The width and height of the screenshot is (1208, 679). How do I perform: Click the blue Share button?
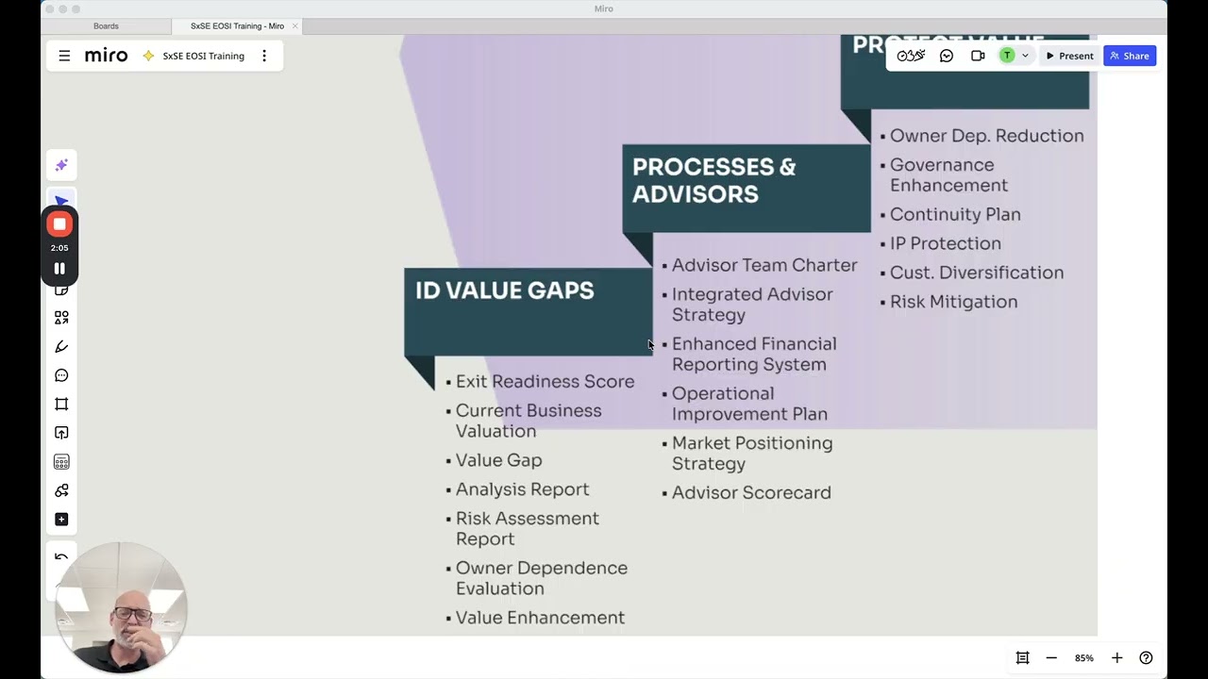[1129, 56]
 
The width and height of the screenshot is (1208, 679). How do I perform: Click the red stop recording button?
[59, 224]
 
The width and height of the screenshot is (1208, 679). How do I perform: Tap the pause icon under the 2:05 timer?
[59, 269]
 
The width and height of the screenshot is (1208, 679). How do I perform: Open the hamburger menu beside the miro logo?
[64, 56]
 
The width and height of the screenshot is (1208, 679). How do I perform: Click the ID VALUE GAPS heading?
[505, 290]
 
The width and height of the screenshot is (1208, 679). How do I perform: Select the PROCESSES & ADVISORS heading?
[713, 180]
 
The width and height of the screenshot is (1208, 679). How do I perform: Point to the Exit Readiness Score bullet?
[545, 382]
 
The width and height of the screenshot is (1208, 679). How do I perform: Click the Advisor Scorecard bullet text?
[751, 493]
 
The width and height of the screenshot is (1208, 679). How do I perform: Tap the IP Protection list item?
[945, 243]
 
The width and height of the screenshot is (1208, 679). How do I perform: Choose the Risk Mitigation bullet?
[953, 302]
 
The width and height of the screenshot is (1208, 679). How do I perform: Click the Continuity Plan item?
[955, 215]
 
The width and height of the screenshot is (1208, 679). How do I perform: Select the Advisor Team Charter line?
[764, 266]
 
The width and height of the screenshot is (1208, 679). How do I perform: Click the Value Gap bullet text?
[498, 460]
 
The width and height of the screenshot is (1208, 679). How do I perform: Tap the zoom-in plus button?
[1116, 658]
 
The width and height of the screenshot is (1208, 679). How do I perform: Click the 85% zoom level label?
[1083, 658]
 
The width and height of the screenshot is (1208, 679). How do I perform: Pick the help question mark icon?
[1146, 658]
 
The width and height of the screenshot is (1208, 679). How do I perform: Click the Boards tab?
[106, 26]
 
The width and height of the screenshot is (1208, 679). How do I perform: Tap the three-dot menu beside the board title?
[264, 56]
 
